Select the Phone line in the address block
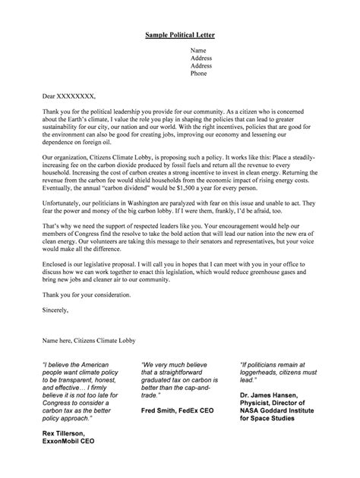tap(198, 74)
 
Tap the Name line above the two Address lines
tap(198, 49)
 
